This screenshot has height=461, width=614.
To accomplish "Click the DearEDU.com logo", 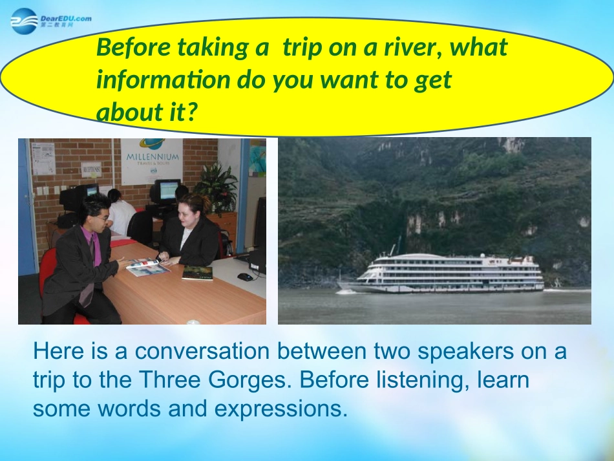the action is [51, 21].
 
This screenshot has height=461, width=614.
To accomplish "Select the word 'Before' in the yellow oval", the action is [134, 47].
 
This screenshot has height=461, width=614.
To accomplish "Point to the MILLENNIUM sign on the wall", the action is [152, 160].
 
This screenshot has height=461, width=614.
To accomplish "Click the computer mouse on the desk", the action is [245, 277].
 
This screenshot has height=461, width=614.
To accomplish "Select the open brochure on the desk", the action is [149, 266].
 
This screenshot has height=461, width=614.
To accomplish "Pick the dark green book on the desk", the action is [198, 273].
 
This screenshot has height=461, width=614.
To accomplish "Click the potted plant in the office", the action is [216, 186].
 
